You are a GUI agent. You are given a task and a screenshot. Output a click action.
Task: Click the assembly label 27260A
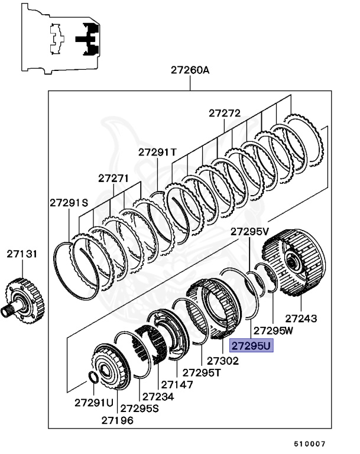190,70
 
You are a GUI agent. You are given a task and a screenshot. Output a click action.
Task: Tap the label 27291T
158,152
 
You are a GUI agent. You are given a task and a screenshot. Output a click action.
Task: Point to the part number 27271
113,177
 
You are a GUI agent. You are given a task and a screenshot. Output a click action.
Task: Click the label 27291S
69,203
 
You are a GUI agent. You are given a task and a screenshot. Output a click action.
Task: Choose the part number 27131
22,254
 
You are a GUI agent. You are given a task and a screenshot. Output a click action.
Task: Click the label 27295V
249,231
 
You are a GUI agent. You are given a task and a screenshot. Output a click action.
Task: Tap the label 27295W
273,330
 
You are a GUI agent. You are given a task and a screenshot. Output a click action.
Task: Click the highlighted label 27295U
251,345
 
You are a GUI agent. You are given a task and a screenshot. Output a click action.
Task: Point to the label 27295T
201,372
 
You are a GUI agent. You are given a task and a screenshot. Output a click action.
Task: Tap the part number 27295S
140,408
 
